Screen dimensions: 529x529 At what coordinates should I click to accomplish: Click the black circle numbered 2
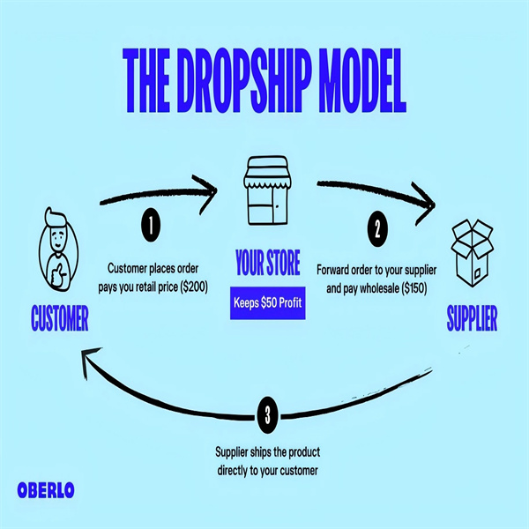click(x=376, y=231)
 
